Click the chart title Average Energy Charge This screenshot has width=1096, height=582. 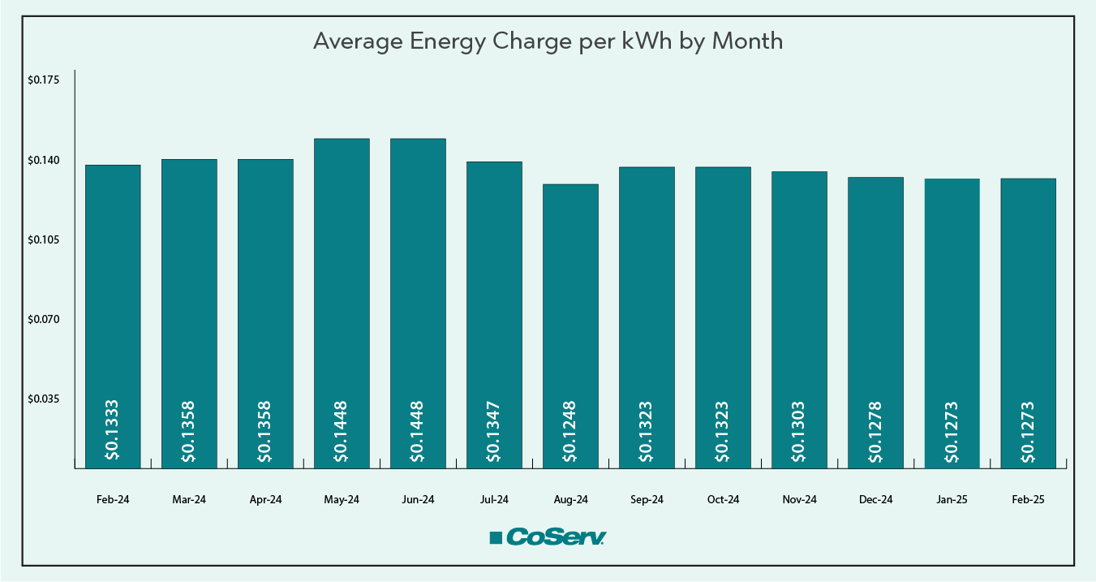[548, 41]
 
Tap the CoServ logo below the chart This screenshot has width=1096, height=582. [548, 537]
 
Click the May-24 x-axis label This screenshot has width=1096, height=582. [342, 500]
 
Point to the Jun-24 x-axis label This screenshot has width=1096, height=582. [418, 500]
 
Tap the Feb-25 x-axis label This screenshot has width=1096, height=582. [1028, 500]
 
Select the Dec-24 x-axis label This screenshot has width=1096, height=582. [875, 500]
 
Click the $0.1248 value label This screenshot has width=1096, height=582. [570, 432]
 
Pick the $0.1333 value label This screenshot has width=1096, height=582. [113, 432]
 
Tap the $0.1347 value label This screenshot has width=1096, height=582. [494, 432]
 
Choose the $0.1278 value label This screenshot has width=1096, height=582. [875, 432]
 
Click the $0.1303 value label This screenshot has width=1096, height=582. [799, 432]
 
